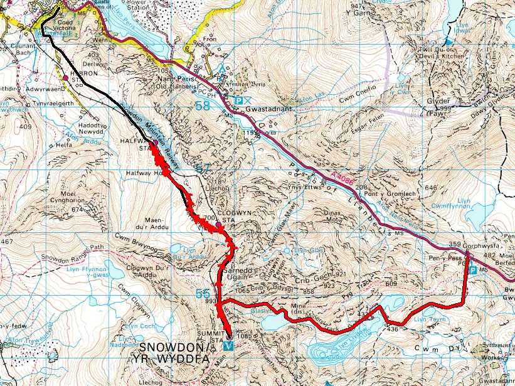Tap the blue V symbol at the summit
227,346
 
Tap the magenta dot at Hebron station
66,77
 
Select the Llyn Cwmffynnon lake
465,209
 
